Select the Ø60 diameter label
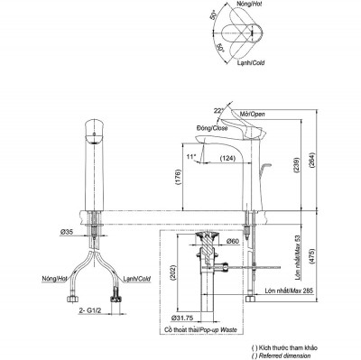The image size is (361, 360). click(x=230, y=242)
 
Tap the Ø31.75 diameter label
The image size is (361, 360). click(x=183, y=318)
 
